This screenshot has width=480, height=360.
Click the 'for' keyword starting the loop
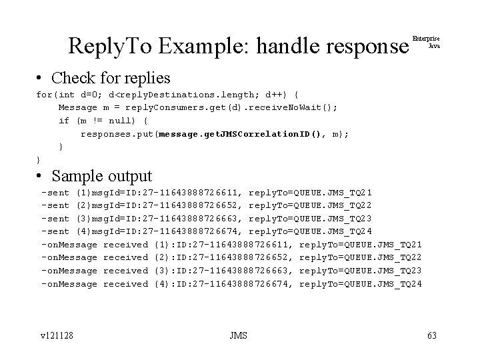click(43, 94)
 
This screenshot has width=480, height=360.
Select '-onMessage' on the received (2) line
click(69, 257)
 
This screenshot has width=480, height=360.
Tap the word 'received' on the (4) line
click(126, 284)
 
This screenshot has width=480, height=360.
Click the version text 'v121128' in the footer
click(56, 335)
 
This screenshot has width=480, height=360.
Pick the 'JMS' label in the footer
click(237, 335)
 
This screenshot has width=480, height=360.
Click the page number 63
click(431, 335)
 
